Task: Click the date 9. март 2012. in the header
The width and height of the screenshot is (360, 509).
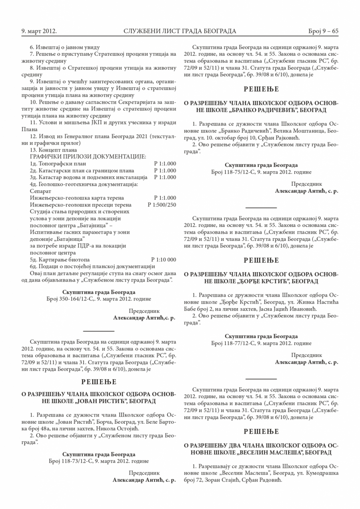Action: pos(39,31)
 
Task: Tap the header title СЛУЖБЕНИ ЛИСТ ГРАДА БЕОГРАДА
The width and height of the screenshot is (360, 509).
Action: pos(180,31)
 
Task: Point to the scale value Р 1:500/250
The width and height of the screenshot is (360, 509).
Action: pos(162,204)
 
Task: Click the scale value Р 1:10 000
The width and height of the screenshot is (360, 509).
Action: pos(164,260)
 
